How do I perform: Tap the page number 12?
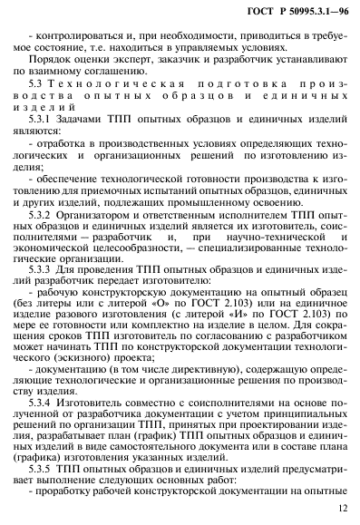point(341,510)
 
